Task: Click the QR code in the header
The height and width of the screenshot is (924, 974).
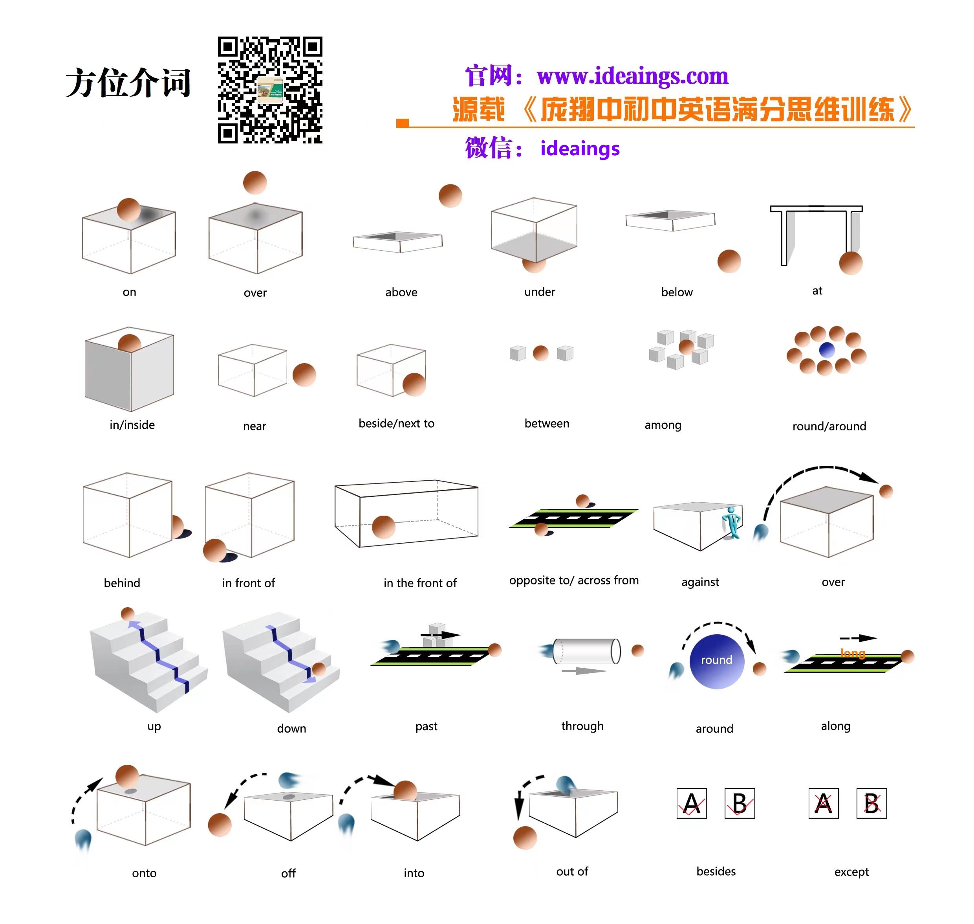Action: pyautogui.click(x=270, y=90)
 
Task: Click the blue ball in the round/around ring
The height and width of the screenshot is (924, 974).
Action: pyautogui.click(x=827, y=350)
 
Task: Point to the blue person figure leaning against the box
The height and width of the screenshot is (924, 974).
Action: pyautogui.click(x=732, y=523)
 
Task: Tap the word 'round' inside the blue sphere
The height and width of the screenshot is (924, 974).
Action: pyautogui.click(x=717, y=660)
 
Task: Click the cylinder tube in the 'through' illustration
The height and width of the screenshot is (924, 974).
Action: pyautogui.click(x=587, y=651)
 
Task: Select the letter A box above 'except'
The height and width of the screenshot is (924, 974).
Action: pyautogui.click(x=824, y=803)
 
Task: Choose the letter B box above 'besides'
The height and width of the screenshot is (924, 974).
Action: pyautogui.click(x=740, y=803)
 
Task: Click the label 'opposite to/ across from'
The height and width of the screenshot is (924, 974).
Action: pyautogui.click(x=574, y=581)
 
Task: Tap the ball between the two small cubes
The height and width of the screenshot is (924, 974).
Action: pyautogui.click(x=540, y=353)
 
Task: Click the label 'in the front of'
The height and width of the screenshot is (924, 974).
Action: pyautogui.click(x=420, y=583)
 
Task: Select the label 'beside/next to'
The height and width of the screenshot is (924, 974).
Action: pyautogui.click(x=396, y=424)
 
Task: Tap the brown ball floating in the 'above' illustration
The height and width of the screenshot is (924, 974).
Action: pyautogui.click(x=450, y=196)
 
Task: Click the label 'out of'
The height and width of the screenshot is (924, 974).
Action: pyautogui.click(x=572, y=871)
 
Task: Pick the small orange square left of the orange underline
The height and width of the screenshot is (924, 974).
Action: pyautogui.click(x=403, y=123)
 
